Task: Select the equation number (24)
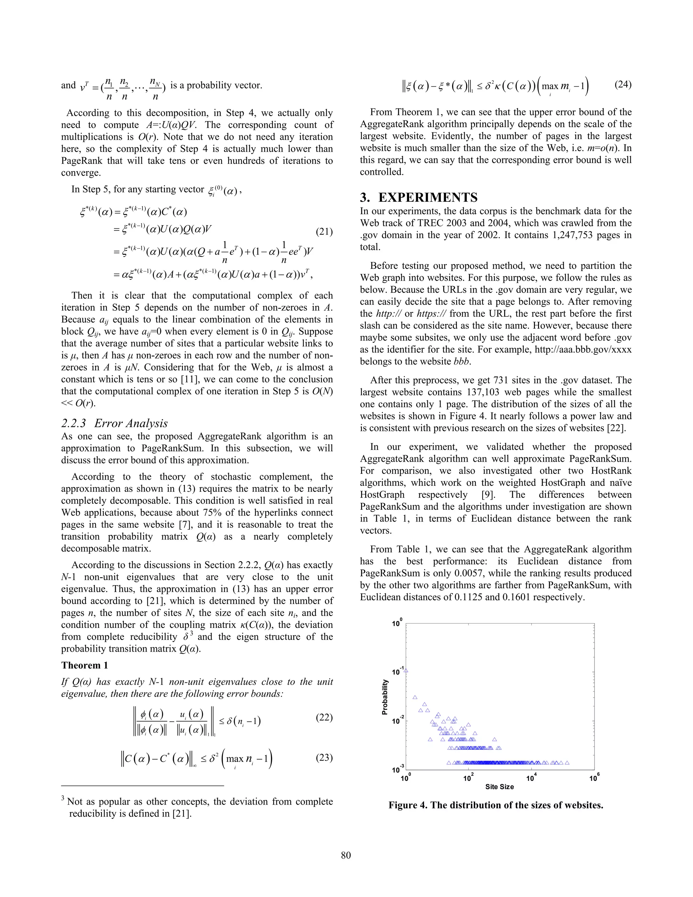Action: click(x=623, y=85)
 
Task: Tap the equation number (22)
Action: click(x=324, y=718)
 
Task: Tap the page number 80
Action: click(x=346, y=855)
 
